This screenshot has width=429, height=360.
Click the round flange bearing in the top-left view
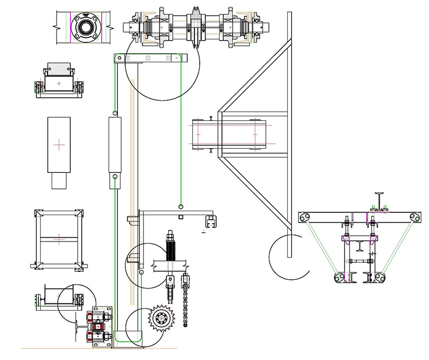[x=86, y=26]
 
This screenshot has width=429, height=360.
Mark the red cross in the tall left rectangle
[x=59, y=145]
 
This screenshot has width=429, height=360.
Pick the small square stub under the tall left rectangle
[x=59, y=181]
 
